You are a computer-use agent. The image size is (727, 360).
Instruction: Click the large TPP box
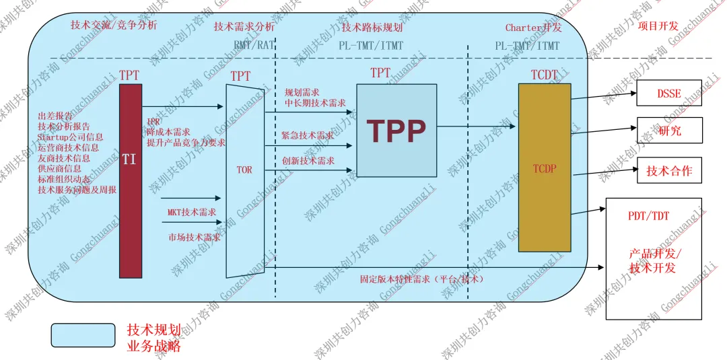coord(396,130)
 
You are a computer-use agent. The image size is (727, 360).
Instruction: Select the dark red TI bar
coord(131,180)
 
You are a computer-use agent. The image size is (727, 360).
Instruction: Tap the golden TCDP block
coord(545,168)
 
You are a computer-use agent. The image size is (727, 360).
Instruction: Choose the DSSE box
coord(669,94)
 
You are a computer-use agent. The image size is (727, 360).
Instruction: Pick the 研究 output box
coord(669,131)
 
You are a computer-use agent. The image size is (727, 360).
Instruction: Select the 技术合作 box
coord(669,170)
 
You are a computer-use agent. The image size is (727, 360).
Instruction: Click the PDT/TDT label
coord(648,216)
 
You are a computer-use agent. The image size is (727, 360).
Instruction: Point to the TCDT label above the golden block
coord(545,75)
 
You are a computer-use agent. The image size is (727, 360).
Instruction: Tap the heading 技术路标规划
coord(372,28)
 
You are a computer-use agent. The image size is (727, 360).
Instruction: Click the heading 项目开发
coord(658,26)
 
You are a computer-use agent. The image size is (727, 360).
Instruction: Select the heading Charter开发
coord(533,28)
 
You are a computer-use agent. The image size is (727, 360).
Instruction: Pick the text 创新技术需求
coord(308,161)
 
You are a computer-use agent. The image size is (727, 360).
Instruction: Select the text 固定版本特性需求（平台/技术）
coord(422,278)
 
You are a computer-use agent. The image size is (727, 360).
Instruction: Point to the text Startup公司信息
coord(71,137)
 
